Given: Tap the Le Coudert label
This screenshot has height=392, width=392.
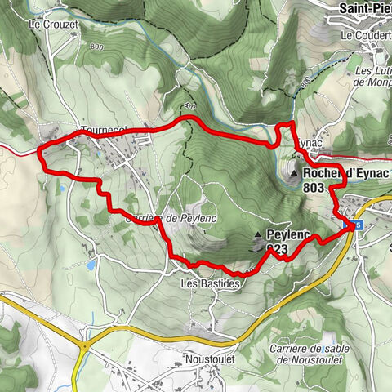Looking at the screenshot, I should tap(366, 36).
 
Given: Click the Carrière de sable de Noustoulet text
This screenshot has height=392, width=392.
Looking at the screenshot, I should tap(322, 353).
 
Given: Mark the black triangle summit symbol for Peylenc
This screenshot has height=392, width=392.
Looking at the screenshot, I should tap(258, 236).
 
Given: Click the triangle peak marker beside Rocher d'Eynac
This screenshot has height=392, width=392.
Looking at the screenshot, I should tap(293, 173).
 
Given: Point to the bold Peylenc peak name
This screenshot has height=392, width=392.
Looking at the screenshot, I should tap(288, 235).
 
